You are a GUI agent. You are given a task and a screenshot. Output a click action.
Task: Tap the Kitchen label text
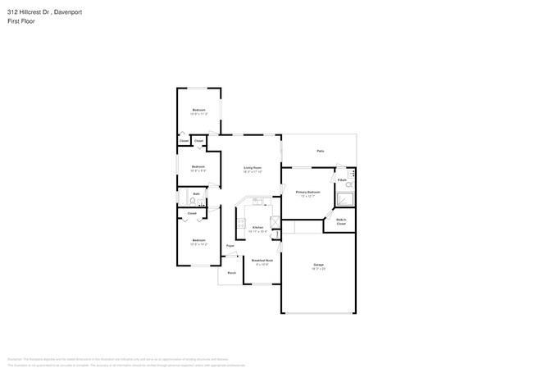[x=257, y=227]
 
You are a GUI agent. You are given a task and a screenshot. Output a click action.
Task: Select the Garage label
[x=318, y=265]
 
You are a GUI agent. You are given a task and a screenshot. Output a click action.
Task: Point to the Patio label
[x=320, y=151]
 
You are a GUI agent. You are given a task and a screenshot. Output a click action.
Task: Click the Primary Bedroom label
[x=307, y=192]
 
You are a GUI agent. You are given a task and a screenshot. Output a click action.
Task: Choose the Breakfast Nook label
[x=262, y=260]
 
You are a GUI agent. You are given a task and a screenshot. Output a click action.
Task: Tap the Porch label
[x=232, y=273]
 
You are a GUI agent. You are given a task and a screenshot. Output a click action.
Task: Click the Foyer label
[x=230, y=245]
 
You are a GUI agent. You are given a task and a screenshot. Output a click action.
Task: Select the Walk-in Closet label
[x=341, y=221]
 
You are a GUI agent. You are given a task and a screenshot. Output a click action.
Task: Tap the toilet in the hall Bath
[x=192, y=199]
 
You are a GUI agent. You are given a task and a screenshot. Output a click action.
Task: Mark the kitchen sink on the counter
[x=257, y=201]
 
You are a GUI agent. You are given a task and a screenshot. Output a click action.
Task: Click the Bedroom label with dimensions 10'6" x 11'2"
[x=198, y=110]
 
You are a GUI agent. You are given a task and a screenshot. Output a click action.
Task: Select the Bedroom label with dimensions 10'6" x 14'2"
[x=198, y=241]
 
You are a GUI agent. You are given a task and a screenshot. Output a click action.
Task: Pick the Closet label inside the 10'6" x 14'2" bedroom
[x=192, y=213]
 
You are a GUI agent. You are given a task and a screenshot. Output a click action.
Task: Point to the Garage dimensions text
[x=318, y=269]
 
